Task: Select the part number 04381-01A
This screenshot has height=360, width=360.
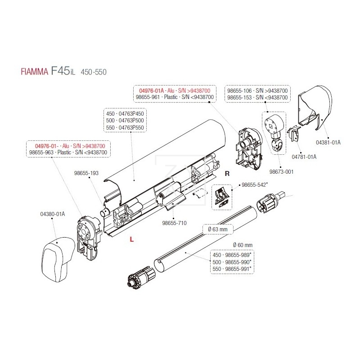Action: pyautogui.click(x=328, y=143)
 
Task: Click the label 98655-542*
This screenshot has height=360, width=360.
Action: pyautogui.click(x=255, y=184)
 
